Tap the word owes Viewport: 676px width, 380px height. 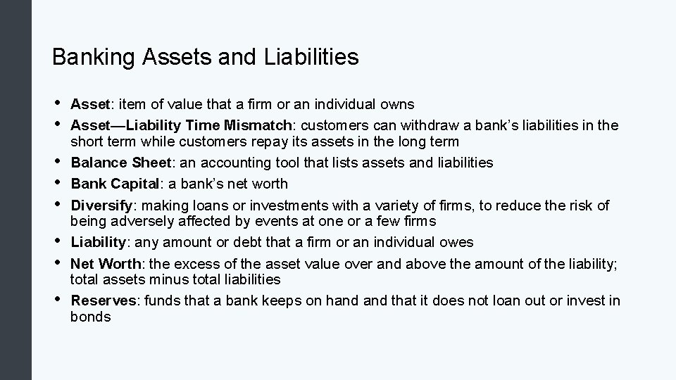coord(458,242)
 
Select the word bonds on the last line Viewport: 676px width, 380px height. coord(91,317)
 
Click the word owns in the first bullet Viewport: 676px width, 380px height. coord(397,104)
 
